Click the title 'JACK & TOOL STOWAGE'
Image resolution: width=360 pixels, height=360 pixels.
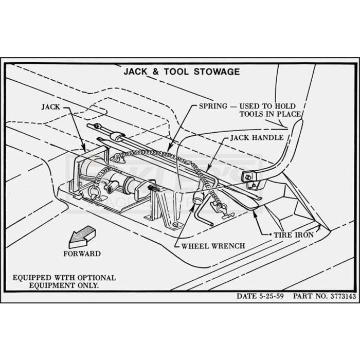[182, 71]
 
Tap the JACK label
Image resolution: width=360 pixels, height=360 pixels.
[50, 107]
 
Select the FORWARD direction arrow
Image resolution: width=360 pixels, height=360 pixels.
[82, 237]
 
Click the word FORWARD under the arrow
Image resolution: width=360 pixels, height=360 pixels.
[82, 254]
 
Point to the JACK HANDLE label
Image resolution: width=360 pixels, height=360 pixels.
[257, 138]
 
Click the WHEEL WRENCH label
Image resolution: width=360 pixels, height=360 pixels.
[213, 246]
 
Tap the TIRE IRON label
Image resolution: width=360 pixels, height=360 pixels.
[294, 235]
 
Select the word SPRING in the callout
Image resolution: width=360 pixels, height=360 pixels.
[213, 106]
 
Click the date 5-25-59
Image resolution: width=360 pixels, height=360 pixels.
[271, 296]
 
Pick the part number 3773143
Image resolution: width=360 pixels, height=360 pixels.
[343, 296]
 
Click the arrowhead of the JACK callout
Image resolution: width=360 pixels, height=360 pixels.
[83, 148]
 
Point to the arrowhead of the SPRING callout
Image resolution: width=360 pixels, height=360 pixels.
[169, 147]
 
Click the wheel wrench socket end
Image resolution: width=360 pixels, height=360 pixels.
[198, 197]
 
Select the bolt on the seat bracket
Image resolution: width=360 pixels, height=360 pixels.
[248, 177]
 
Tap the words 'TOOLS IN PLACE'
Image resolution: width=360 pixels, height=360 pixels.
[270, 114]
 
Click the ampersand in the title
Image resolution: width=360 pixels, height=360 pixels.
[155, 71]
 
